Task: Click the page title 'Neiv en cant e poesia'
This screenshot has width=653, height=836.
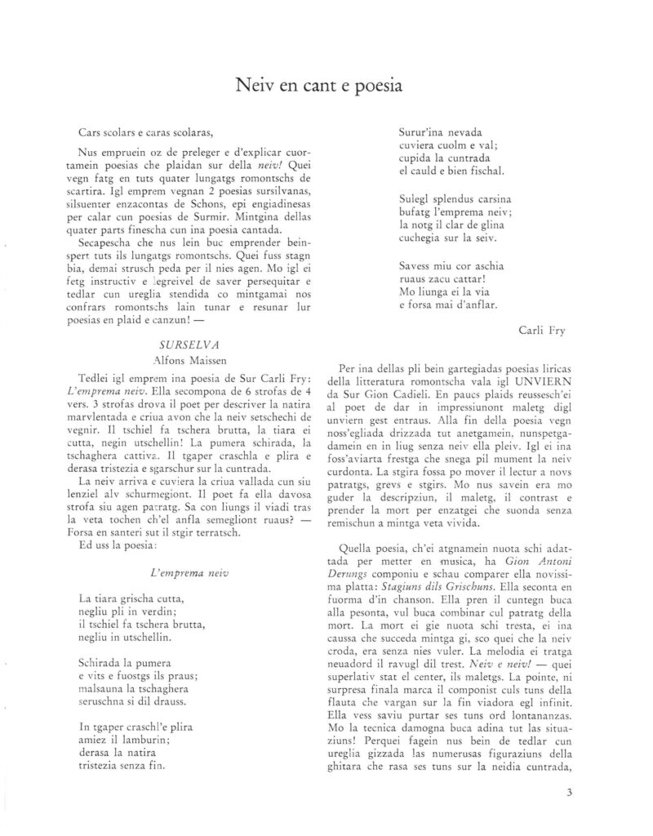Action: pos(326,83)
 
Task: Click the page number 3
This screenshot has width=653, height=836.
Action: pos(569,791)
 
